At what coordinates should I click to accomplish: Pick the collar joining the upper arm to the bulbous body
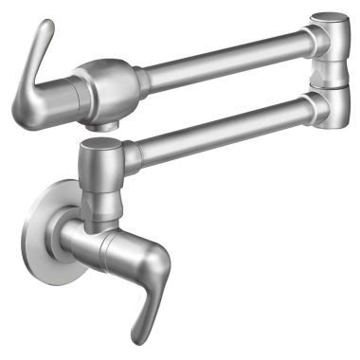[x=142, y=80]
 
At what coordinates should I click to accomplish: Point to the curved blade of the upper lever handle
[x=28, y=71]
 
